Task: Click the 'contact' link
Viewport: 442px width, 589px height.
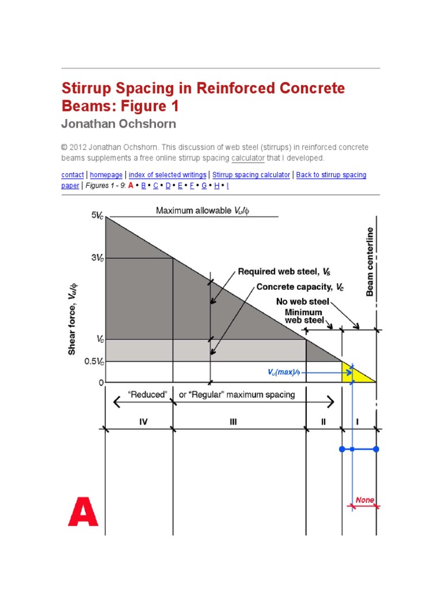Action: tap(72, 175)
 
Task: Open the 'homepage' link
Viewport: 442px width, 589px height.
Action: tap(106, 175)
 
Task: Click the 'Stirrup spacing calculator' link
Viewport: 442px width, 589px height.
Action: tap(251, 175)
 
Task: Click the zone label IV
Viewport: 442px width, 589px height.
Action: tap(143, 422)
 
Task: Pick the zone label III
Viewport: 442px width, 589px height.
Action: tap(233, 422)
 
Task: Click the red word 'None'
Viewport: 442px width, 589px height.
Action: tap(364, 500)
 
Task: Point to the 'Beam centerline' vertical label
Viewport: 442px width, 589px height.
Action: tap(370, 262)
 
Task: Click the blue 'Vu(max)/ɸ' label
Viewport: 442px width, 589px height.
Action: tap(283, 372)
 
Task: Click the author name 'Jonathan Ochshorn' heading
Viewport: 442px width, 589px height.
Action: tap(119, 124)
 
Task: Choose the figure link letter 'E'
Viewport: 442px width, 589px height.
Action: tap(180, 186)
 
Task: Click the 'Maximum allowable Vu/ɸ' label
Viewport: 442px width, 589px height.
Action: tap(203, 211)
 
